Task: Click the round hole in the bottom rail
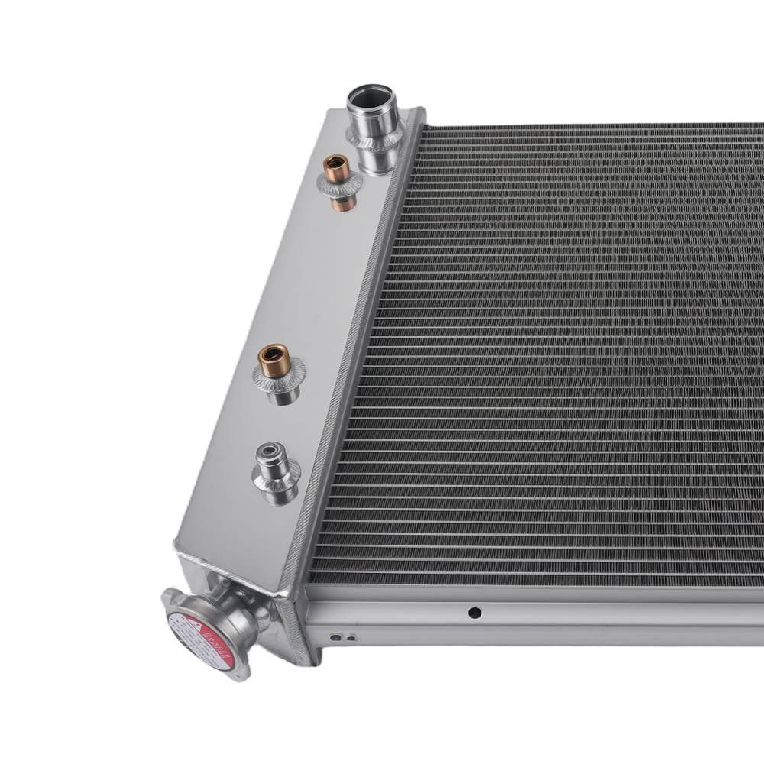(474, 612)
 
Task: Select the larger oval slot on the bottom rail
(335, 636)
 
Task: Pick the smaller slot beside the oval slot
(351, 637)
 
